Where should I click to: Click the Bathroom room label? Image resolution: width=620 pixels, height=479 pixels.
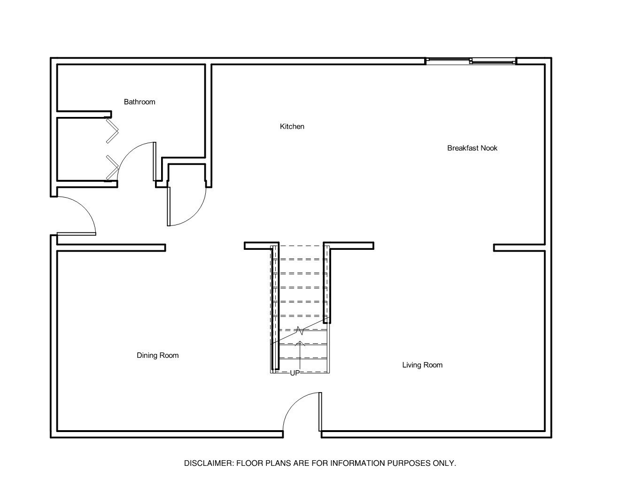click(139, 102)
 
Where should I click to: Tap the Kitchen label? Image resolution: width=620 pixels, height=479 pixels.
click(292, 126)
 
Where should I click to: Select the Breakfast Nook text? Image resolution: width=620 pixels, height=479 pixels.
click(472, 148)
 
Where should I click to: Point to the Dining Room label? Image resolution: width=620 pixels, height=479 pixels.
click(158, 355)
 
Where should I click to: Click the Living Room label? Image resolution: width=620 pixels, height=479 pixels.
click(422, 365)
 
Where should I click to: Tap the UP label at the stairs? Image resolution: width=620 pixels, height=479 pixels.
click(295, 373)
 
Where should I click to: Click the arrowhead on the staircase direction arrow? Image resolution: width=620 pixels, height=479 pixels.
click(300, 343)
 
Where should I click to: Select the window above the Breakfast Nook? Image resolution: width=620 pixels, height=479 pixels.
click(471, 61)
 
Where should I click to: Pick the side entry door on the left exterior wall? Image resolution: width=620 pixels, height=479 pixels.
click(77, 234)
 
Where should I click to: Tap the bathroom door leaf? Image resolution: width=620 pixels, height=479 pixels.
click(155, 162)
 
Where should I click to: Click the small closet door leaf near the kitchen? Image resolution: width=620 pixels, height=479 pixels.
click(169, 207)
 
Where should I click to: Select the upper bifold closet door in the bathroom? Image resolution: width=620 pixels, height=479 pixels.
click(112, 131)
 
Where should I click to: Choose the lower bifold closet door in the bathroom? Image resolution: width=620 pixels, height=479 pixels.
click(112, 168)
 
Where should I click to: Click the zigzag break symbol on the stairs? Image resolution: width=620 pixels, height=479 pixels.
click(300, 330)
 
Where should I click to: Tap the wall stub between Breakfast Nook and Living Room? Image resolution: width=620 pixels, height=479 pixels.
click(519, 247)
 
